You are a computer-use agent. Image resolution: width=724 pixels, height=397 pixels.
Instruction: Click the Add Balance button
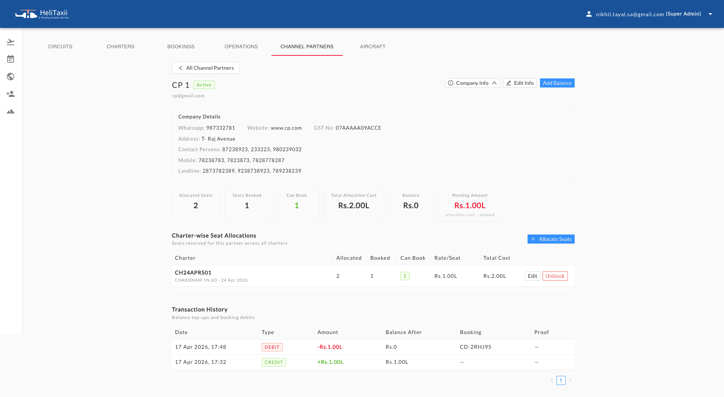tap(557, 83)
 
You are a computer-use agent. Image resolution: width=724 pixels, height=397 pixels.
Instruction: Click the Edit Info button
tap(520, 83)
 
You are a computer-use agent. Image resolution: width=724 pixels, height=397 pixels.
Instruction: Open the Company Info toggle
tap(472, 83)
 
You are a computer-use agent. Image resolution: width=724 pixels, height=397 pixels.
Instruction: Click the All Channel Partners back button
tap(206, 68)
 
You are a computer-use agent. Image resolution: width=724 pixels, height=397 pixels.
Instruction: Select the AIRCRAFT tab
tap(373, 46)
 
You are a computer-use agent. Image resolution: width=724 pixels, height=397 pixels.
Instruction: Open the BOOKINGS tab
tap(181, 46)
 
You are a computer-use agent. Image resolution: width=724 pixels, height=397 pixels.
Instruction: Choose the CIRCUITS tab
tap(60, 46)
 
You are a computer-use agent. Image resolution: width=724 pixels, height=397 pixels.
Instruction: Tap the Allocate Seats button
tap(551, 239)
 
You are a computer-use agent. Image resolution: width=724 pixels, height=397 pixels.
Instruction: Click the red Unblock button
tap(555, 276)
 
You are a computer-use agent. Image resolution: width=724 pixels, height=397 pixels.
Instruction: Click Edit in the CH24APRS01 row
tap(532, 276)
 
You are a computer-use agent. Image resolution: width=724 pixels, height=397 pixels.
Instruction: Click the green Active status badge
tap(204, 85)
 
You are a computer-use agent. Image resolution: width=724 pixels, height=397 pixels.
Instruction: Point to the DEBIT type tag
tap(272, 347)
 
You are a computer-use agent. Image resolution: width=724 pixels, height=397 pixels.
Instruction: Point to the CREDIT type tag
tap(274, 362)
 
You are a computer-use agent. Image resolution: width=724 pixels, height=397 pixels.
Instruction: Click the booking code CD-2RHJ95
tap(476, 347)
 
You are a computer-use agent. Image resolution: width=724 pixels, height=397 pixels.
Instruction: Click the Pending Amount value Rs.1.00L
tap(469, 205)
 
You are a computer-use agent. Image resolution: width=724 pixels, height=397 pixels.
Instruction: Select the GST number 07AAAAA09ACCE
tap(358, 128)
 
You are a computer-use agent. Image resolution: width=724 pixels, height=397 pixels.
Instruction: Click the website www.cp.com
tap(286, 128)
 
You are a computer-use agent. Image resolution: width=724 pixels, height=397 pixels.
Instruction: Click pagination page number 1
tap(561, 380)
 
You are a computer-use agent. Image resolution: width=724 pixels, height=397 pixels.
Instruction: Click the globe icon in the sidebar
tap(11, 77)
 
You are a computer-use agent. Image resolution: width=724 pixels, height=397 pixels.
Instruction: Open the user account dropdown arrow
tap(710, 14)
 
